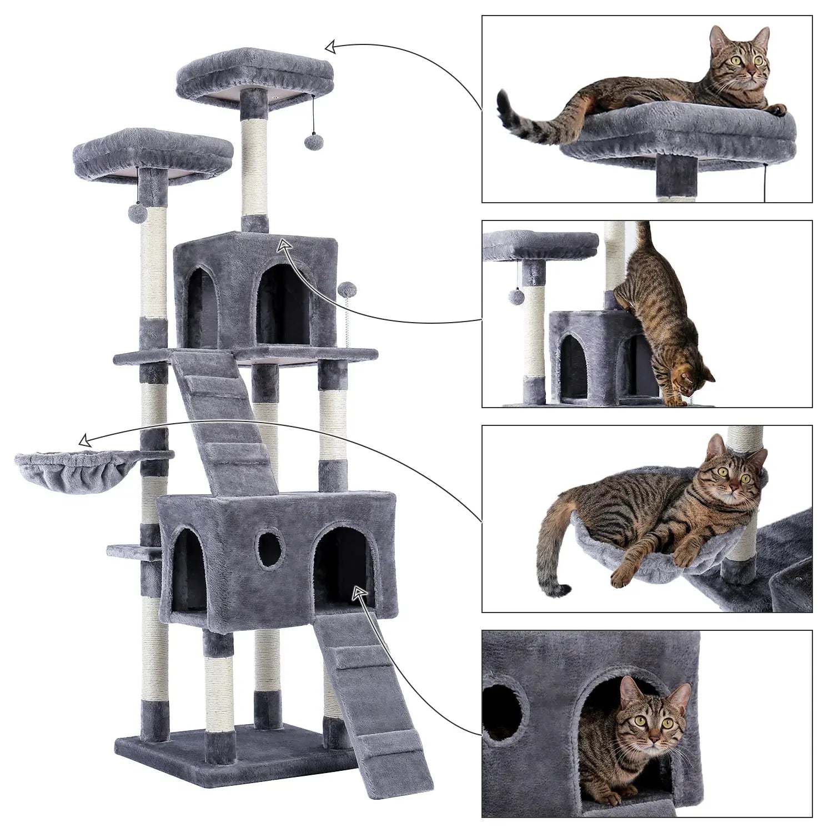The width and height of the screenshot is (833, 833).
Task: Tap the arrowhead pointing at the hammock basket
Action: pyautogui.click(x=85, y=441)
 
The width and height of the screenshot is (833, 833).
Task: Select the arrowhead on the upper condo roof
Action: pyautogui.click(x=284, y=245)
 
